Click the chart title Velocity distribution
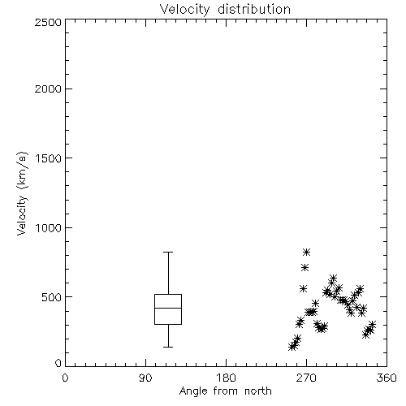coord(225,10)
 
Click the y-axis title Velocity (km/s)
coord(22,194)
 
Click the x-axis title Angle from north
coord(225,391)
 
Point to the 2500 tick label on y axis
coord(48,22)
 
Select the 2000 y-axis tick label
coord(48,89)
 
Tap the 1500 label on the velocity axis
coord(49,158)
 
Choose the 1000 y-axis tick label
coord(49,228)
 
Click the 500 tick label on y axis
coord(52,297)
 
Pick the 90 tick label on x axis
coord(145,378)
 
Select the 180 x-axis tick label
coord(226,378)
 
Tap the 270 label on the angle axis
coord(306,378)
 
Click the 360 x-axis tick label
coord(387,378)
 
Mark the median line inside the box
coord(168,308)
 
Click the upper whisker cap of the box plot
coord(168,252)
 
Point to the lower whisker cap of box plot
coord(168,347)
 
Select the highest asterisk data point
coord(306,253)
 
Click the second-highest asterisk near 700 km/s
coord(305,268)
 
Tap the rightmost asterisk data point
coord(372,324)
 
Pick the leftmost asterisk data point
coord(292,347)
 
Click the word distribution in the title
coord(254,10)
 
